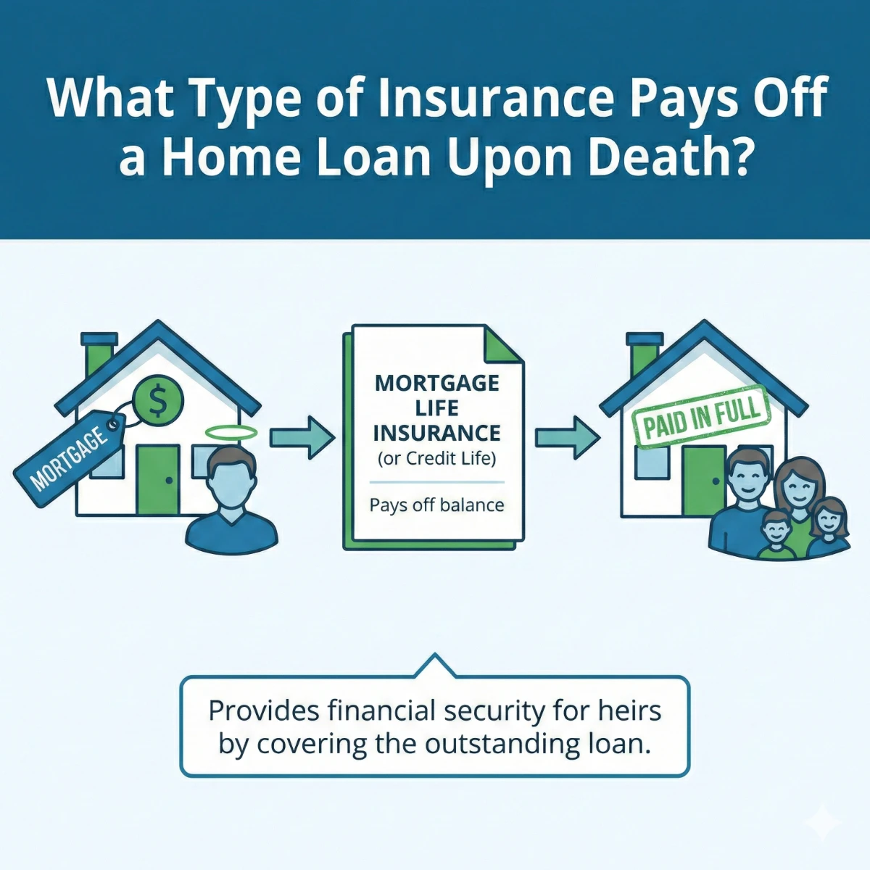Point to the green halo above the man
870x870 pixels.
click(x=231, y=433)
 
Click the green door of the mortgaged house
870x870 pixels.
click(x=157, y=478)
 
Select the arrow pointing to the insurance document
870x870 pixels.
click(x=302, y=437)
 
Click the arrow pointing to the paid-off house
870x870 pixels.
click(x=567, y=437)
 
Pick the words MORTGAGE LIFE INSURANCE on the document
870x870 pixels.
click(x=436, y=407)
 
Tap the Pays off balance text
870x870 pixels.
click(x=436, y=505)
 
